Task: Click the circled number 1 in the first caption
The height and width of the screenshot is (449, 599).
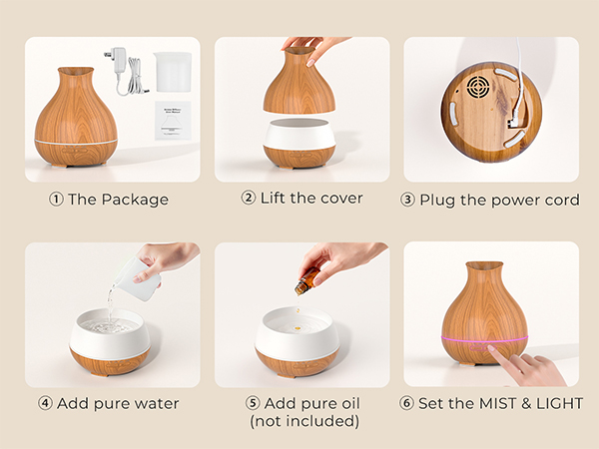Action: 56,200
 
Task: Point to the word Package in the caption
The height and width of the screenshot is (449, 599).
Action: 134,200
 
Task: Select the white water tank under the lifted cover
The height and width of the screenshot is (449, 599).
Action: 299,134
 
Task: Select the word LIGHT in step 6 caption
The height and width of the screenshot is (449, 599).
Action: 557,403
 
